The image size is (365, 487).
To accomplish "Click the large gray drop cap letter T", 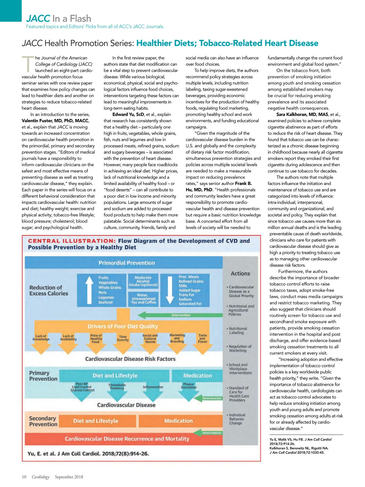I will (28, 64).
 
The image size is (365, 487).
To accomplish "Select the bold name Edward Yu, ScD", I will (128, 114).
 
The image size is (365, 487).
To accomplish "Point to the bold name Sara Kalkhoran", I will (302, 114).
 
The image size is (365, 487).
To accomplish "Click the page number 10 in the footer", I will (24, 477).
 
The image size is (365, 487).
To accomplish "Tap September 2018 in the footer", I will (69, 477).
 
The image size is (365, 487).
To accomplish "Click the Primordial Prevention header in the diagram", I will (127, 263).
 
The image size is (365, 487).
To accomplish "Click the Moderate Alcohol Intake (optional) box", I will (143, 282).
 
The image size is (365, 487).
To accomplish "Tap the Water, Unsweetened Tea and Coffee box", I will (143, 299).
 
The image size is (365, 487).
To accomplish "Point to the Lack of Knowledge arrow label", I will (41, 338).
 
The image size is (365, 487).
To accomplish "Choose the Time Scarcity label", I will (123, 338).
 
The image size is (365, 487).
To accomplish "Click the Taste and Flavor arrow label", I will (203, 338).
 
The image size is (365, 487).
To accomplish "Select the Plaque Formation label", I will (189, 386).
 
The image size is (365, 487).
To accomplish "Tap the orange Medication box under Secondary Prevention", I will (179, 421).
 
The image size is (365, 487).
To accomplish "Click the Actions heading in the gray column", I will (240, 274).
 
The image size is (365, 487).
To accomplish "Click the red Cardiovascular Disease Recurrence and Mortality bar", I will (127, 439).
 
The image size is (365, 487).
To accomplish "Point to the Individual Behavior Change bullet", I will (237, 419).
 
